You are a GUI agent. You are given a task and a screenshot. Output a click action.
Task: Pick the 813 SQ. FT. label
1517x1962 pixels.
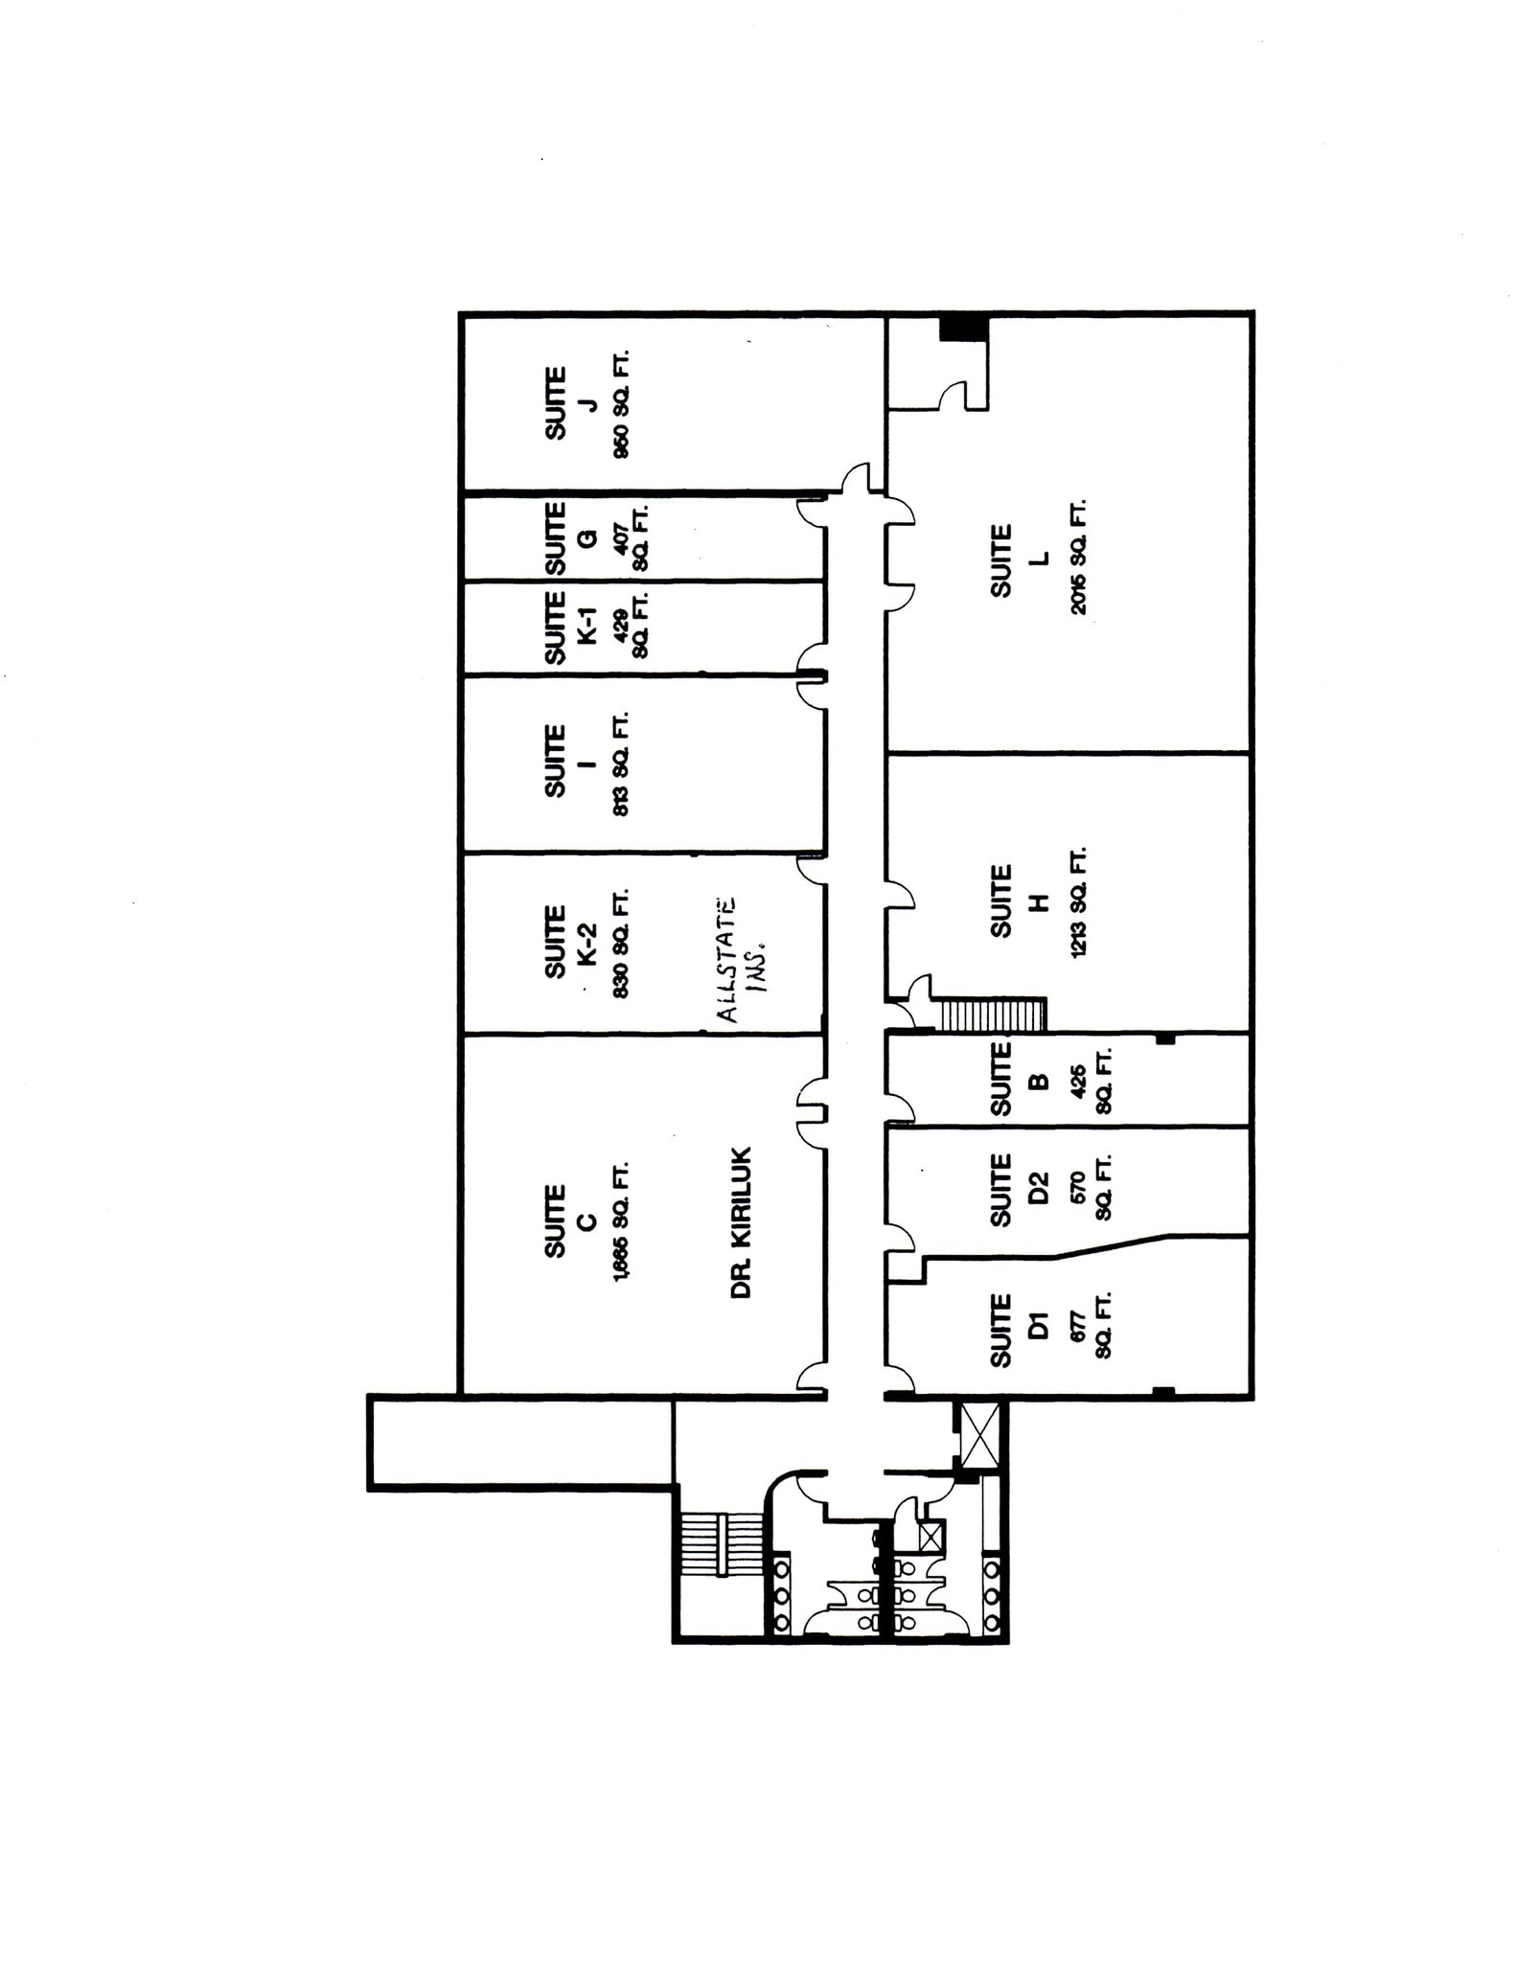coord(620,763)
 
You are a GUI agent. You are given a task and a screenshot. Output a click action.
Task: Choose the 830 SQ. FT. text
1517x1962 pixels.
coord(620,945)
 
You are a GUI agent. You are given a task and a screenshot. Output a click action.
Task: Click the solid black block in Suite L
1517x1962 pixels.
coord(962,328)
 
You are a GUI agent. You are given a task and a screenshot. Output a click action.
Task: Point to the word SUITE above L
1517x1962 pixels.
coord(1001,560)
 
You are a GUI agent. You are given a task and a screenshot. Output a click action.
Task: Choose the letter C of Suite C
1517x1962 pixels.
coord(587,1221)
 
